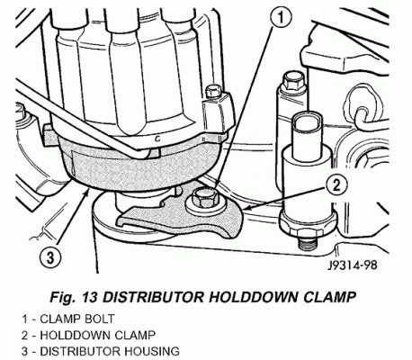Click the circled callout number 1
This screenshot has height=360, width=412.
click(x=281, y=18)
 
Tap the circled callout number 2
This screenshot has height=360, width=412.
click(x=336, y=186)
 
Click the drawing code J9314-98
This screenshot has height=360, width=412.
click(x=352, y=265)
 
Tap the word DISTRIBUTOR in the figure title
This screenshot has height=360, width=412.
click(x=153, y=297)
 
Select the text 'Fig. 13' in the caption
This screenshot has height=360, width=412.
click(x=74, y=297)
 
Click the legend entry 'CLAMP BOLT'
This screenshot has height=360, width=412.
click(x=77, y=319)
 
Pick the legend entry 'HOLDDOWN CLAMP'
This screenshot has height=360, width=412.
click(x=97, y=335)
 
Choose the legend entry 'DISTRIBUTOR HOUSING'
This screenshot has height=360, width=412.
click(x=110, y=351)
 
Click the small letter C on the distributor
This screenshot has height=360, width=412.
click(x=157, y=139)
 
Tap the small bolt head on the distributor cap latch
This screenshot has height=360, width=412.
click(x=213, y=91)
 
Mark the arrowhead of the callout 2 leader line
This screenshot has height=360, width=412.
click(x=246, y=208)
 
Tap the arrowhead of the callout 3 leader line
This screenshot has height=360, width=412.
click(x=86, y=192)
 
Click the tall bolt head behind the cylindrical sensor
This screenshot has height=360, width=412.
click(x=293, y=81)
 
